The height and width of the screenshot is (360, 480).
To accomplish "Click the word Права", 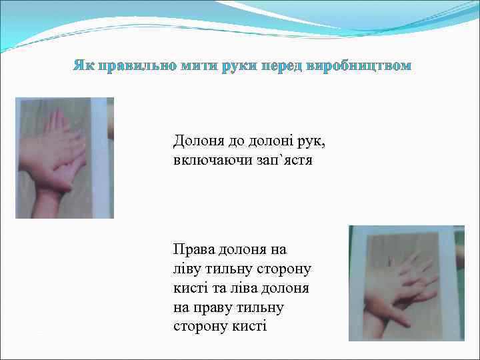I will coord(192,249).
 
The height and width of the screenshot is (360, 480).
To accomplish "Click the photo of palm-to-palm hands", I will coord(64,158).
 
